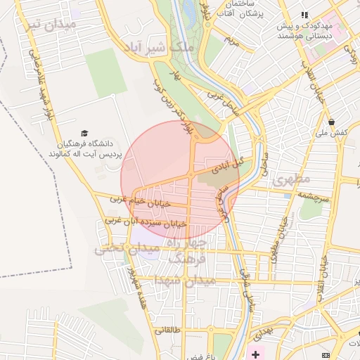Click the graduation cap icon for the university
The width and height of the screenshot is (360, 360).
coord(84,133)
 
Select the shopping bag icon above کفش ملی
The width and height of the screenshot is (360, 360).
coord(331,122)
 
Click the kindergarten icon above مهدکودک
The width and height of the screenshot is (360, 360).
coord(304,14)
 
